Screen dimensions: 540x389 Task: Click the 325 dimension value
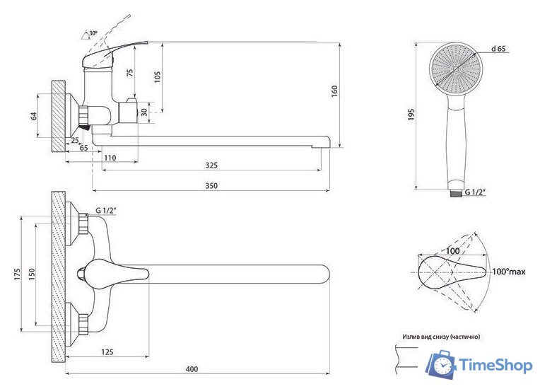211,165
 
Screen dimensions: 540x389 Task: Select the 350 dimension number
211,186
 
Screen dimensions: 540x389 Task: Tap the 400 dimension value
192,369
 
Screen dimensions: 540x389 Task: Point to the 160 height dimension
334,91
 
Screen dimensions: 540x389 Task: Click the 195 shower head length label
411,115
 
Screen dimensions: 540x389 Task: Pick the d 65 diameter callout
499,49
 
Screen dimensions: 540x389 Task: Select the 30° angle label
93,33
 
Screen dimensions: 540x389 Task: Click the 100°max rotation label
509,272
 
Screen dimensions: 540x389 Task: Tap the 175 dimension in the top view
18,274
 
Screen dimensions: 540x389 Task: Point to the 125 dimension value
107,352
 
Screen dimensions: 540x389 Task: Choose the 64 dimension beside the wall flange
34,116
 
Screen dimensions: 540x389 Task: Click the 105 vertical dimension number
158,78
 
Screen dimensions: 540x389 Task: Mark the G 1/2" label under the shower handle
476,192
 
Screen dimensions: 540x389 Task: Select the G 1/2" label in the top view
106,210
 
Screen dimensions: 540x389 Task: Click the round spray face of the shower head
457,69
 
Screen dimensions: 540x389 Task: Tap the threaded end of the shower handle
456,193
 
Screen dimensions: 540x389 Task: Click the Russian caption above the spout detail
441,337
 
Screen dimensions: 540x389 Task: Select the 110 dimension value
110,158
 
